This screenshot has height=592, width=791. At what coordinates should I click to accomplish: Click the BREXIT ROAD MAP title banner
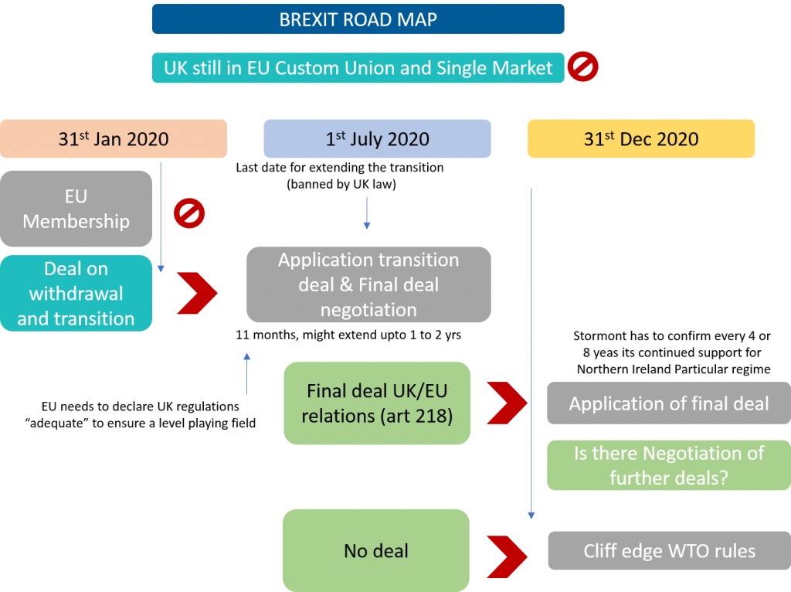point(358,19)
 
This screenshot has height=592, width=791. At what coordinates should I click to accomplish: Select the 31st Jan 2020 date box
point(114,139)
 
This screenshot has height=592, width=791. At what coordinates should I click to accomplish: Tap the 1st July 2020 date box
point(377,139)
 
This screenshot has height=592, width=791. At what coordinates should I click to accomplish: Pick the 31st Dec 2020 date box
point(641,139)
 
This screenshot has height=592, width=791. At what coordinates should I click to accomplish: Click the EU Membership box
point(76,209)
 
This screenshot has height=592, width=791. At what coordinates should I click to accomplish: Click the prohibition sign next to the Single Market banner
point(583,67)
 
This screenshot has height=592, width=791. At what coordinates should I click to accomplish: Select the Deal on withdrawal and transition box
point(76,294)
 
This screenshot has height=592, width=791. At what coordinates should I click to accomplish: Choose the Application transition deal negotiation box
point(368,284)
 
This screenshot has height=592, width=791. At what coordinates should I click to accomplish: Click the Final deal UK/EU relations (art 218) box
point(377,403)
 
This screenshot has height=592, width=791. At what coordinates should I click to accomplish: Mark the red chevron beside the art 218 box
point(507,402)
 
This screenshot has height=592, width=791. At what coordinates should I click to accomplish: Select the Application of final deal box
point(668,403)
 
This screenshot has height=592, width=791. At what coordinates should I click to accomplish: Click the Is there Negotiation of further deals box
point(668,465)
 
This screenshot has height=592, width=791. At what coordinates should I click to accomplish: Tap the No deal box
point(376,550)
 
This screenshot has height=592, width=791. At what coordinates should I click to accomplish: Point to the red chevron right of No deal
point(507,553)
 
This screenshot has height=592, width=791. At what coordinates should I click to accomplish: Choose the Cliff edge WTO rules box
point(668,551)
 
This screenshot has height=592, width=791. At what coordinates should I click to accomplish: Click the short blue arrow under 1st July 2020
point(367,213)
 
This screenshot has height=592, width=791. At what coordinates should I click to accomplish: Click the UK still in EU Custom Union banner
point(358,67)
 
